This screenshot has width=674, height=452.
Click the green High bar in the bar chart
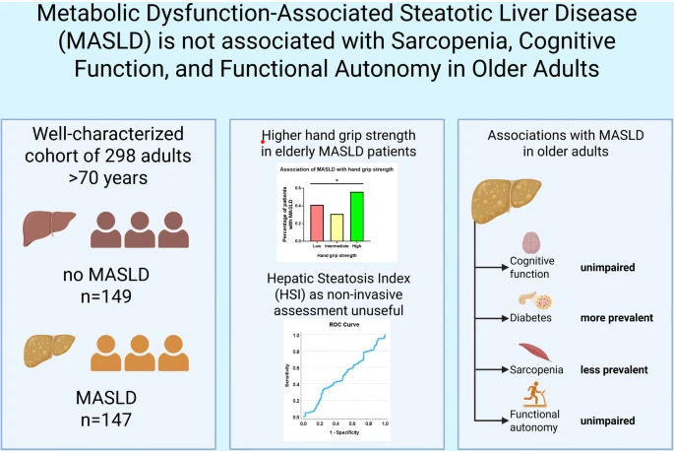[357, 217]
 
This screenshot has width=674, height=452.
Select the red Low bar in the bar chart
[317, 223]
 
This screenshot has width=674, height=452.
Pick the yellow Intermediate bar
[337, 227]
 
